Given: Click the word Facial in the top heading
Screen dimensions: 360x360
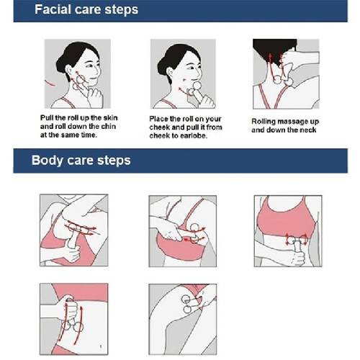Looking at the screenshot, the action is pos(53,9).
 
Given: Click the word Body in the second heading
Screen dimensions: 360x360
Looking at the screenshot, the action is pos(47,160).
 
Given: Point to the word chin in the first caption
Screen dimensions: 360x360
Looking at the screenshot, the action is pos(108,126).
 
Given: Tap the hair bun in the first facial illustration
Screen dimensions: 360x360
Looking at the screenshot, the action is pos(60,64).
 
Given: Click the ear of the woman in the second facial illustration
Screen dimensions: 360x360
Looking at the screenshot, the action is pos(170,73).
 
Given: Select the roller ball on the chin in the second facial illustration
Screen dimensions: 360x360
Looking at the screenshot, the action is pos(197,86).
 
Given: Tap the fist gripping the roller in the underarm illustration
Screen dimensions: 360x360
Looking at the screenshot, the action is pos(71,253).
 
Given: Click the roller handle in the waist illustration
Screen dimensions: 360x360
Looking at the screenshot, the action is pos(297,246).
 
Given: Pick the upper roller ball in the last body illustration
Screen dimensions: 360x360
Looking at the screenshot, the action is pos(185,299).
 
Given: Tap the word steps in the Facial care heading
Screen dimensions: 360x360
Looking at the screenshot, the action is pos(122,10).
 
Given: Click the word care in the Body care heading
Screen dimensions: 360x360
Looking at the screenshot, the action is pos(80,161).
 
